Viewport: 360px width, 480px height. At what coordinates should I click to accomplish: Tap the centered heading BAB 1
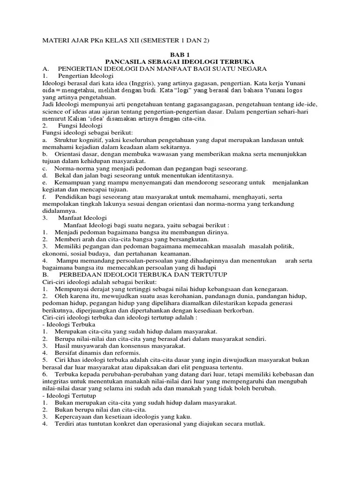pyautogui.click(x=180, y=55)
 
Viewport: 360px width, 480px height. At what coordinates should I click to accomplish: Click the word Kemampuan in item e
pyautogui.click(x=73, y=182)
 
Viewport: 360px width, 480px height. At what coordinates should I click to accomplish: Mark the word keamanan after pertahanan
pyautogui.click(x=174, y=254)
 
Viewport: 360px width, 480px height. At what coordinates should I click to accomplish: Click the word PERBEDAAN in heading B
pyautogui.click(x=84, y=275)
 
